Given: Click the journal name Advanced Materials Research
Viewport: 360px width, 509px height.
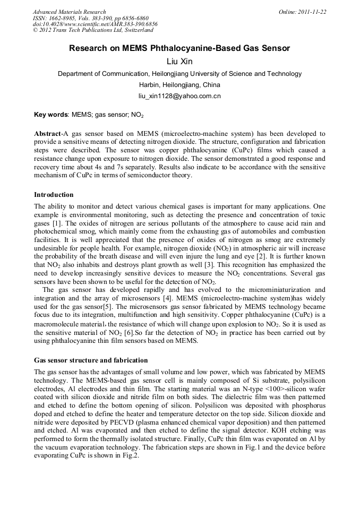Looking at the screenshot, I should coord(69,12).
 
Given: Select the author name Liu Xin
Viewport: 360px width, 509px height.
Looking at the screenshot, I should coord(179,62).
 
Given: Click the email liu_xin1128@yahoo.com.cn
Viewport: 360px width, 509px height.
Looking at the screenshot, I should coord(179,96).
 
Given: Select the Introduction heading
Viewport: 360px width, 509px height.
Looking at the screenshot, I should coord(54,195).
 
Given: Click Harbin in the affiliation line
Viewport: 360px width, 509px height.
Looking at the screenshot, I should coord(149,85).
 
